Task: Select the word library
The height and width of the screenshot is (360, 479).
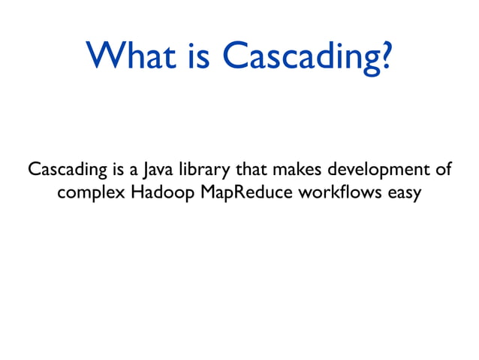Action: click(197, 170)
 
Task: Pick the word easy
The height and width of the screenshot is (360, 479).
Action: click(405, 194)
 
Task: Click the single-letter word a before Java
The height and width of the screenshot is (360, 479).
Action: click(129, 171)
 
